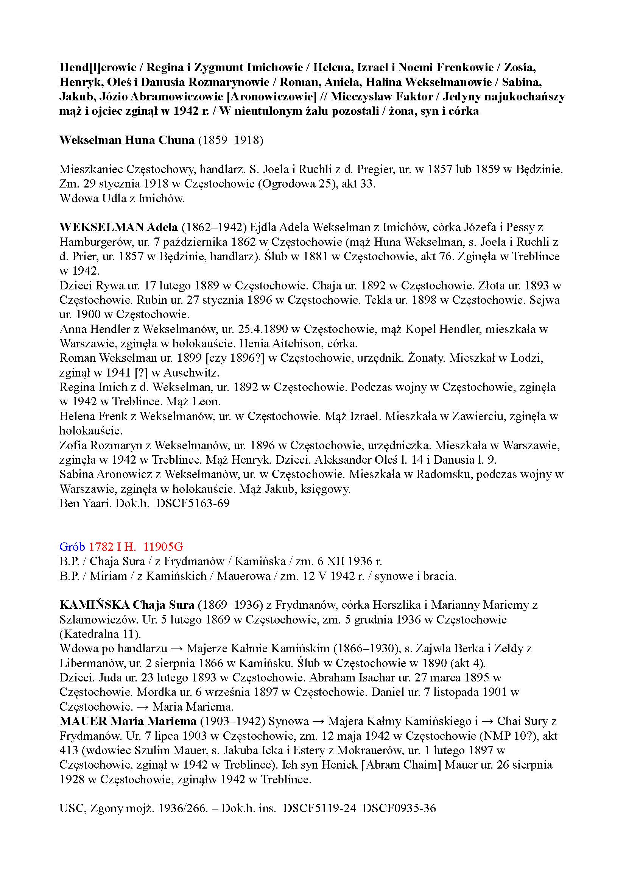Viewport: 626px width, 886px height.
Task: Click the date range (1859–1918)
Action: pos(230,140)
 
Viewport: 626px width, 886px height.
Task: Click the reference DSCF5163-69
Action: pos(193,503)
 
